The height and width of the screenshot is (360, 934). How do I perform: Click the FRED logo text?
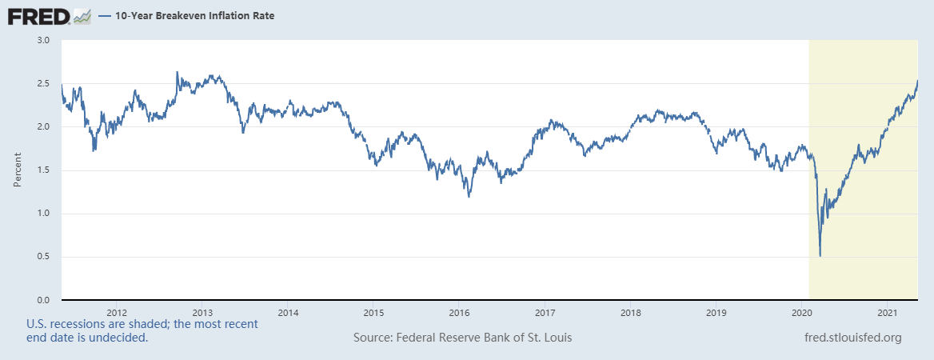coord(38,15)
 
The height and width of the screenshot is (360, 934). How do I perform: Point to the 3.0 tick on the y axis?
coord(44,40)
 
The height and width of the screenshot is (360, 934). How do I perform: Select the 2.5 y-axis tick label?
coord(44,83)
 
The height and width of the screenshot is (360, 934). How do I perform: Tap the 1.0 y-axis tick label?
coord(44,214)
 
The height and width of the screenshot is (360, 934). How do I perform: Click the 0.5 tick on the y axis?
coord(44,257)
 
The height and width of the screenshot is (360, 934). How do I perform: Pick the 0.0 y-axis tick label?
coord(44,300)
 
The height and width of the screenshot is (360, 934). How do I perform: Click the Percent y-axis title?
coord(18,170)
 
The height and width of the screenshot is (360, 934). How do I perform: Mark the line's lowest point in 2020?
coord(820,255)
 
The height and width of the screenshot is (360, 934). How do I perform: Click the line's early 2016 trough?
coord(469,196)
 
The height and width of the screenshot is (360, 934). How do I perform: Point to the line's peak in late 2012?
coord(177,72)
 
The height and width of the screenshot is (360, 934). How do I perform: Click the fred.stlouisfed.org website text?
coord(852,338)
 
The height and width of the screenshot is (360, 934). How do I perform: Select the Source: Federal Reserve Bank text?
coord(462,338)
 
